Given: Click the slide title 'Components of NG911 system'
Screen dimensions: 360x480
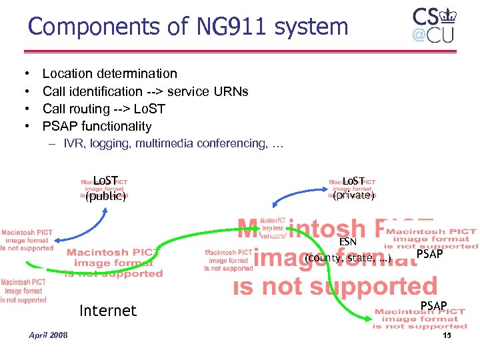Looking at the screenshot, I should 188,27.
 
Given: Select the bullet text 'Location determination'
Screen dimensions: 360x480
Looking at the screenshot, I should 110,74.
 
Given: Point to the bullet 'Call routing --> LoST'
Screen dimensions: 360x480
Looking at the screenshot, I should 103,109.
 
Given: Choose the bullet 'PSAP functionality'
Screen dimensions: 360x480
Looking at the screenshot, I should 97,126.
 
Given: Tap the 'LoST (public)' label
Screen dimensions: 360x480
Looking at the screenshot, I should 105,188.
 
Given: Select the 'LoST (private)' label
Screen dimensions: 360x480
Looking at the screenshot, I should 353,188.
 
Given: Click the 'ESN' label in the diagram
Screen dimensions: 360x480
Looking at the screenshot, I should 348,243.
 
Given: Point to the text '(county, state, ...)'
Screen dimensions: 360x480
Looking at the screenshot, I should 347,258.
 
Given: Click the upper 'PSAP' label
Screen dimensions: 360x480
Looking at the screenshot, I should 429,254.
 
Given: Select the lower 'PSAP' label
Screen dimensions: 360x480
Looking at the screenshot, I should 433,306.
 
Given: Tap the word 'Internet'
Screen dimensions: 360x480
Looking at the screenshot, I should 107,311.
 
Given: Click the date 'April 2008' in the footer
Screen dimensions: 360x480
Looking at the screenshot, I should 48,335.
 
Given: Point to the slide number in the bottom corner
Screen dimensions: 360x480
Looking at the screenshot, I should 447,335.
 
